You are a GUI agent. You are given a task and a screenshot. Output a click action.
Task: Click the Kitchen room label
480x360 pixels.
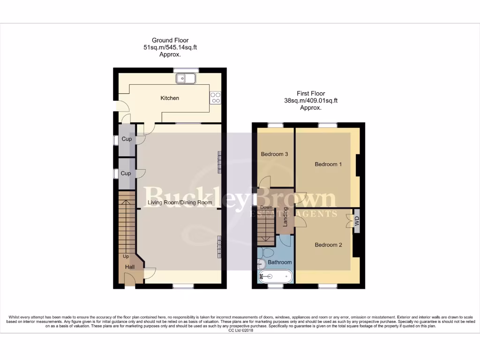pyautogui.click(x=170, y=98)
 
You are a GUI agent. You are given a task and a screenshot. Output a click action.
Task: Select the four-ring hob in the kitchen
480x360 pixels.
pyautogui.click(x=216, y=97)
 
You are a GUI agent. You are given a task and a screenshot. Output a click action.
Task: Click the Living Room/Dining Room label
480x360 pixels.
pyautogui.click(x=180, y=202)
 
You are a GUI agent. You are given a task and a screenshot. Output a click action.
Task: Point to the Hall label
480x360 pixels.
pyautogui.click(x=130, y=267)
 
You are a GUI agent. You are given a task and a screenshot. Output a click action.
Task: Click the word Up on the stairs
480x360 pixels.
pyautogui.click(x=126, y=256)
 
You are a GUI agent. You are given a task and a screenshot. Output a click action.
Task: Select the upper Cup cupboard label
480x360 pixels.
pyautogui.click(x=126, y=139)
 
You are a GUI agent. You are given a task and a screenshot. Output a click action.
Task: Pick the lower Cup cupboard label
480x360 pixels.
pyautogui.click(x=126, y=173)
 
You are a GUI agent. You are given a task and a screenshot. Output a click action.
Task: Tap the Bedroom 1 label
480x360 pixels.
pyautogui.click(x=328, y=164)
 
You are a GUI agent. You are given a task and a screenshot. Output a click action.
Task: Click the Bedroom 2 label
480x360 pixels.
pyautogui.click(x=328, y=245)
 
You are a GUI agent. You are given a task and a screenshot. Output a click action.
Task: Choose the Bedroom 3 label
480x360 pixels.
pyautogui.click(x=275, y=154)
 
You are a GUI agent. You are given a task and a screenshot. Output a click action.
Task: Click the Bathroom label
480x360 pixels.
pyautogui.click(x=280, y=262)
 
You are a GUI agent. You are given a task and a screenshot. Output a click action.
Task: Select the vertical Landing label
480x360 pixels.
pyautogui.click(x=285, y=217)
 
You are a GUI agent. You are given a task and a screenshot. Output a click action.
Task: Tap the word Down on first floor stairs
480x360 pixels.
pyautogui.click(x=266, y=207)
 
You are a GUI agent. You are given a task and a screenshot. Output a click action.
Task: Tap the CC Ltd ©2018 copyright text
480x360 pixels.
pyautogui.click(x=240, y=330)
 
